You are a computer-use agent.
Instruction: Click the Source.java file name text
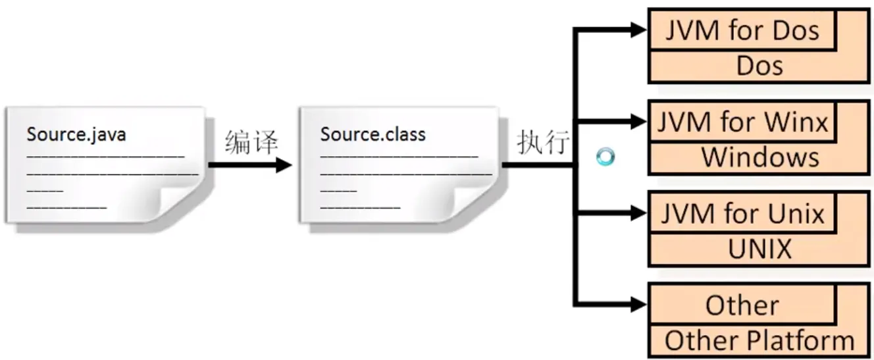[76, 135]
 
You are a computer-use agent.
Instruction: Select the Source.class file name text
[373, 135]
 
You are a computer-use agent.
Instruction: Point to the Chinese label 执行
[543, 142]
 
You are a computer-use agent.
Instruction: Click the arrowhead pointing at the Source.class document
[284, 165]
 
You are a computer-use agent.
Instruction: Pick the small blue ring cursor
[605, 157]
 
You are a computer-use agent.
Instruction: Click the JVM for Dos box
[742, 31]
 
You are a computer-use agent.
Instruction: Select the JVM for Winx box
[742, 122]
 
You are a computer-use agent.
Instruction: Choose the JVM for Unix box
[742, 214]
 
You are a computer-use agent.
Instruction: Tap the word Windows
[759, 158]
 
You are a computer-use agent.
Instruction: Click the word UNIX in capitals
[759, 249]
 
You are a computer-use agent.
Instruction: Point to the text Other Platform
[759, 341]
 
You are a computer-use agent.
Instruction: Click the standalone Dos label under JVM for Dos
[759, 66]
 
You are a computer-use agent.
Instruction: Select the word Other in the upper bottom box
[742, 306]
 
